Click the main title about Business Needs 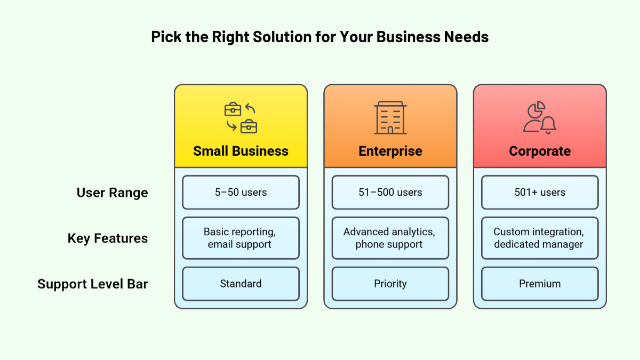(320, 37)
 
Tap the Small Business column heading (241, 151)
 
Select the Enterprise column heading (390, 151)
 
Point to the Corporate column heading (540, 151)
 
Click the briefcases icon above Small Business (241, 118)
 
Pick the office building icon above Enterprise (390, 118)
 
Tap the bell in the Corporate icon (548, 125)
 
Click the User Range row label (112, 193)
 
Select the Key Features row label (108, 238)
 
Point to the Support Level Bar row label (92, 284)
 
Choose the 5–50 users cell (241, 193)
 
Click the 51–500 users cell (390, 193)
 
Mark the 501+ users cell (540, 193)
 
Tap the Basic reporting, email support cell (241, 238)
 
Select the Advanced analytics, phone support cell (390, 238)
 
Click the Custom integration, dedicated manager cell (540, 238)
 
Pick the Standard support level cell (241, 284)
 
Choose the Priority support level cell (390, 284)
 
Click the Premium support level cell (540, 284)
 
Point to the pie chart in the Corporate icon (535, 109)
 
